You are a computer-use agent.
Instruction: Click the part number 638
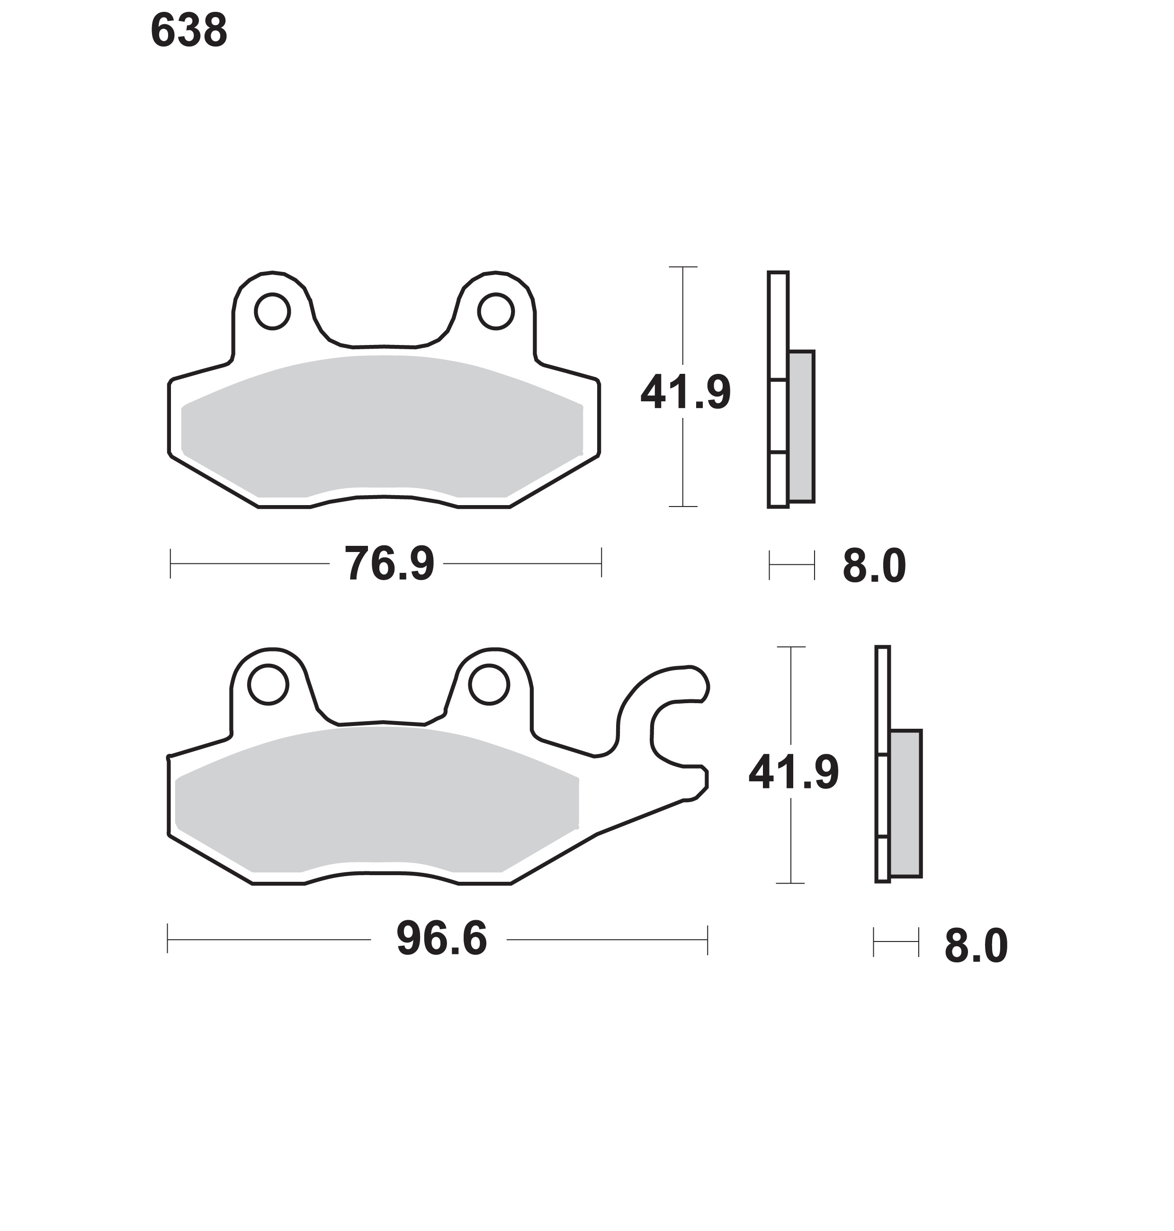tap(189, 31)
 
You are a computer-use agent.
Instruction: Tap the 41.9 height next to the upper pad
tap(686, 393)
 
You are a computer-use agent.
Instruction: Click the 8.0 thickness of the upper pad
tap(874, 566)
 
